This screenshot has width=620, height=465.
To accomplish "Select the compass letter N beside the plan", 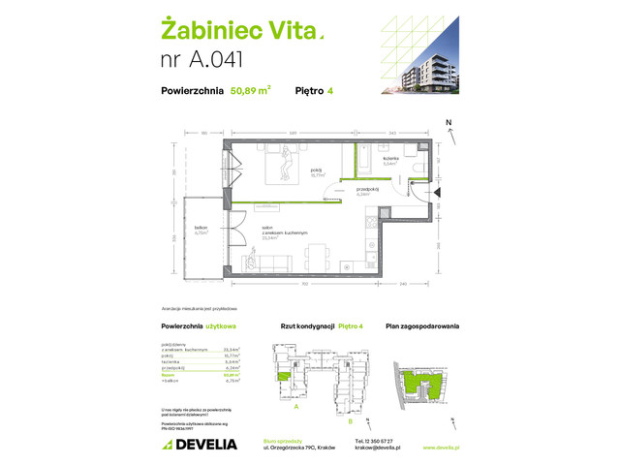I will click(x=449, y=123).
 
